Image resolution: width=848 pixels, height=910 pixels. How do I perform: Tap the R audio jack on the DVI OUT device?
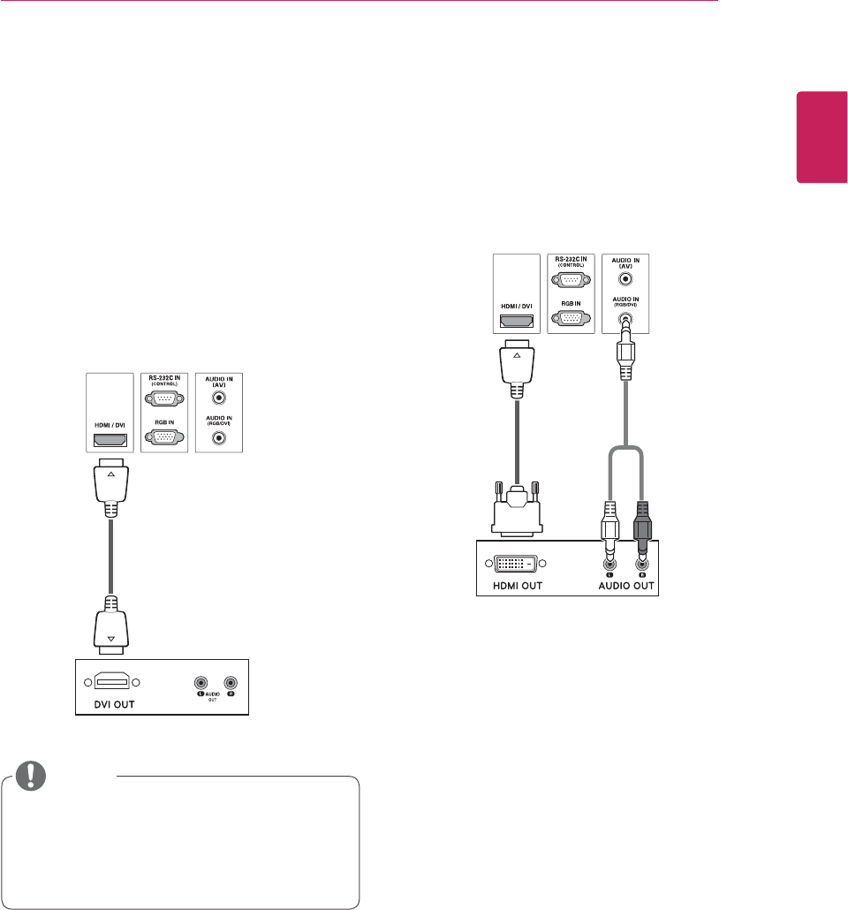[231, 682]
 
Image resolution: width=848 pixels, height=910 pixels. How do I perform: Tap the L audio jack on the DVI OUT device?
[201, 682]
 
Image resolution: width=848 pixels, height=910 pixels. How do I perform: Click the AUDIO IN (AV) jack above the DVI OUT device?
[216, 398]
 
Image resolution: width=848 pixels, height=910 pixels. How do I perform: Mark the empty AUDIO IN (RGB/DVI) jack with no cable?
[216, 436]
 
